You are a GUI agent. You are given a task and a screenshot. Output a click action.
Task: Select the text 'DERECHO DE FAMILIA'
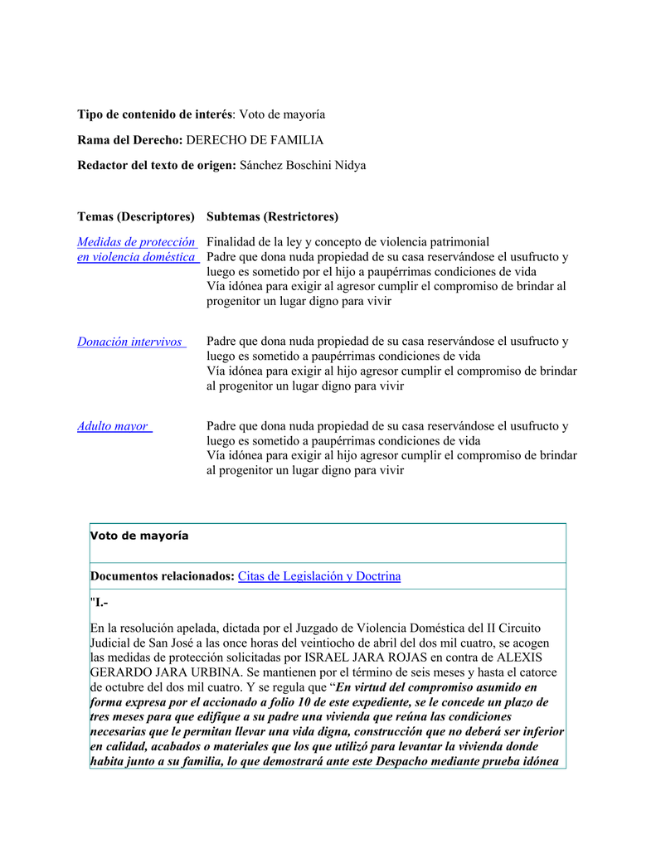click(255, 140)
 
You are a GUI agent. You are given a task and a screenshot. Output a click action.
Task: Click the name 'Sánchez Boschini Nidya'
click(303, 166)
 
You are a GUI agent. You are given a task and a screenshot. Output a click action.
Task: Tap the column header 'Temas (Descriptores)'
click(136, 217)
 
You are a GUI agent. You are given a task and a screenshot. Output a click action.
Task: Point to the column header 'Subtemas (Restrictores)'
click(272, 217)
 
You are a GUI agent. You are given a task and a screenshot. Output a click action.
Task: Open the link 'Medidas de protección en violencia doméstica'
click(138, 250)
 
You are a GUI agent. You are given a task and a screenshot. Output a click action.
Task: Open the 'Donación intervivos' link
click(131, 342)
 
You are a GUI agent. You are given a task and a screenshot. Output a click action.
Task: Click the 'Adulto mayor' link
click(114, 426)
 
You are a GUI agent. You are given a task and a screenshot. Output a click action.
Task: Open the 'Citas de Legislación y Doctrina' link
click(319, 576)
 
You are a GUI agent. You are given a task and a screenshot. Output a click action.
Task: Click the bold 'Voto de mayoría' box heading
click(139, 536)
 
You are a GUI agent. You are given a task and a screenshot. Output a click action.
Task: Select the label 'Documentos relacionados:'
click(163, 576)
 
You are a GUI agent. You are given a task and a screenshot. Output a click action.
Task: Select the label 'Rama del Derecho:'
click(130, 140)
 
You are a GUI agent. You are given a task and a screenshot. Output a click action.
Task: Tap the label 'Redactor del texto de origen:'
click(157, 166)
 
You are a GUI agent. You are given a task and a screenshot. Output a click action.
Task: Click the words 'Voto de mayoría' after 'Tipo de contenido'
click(282, 114)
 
